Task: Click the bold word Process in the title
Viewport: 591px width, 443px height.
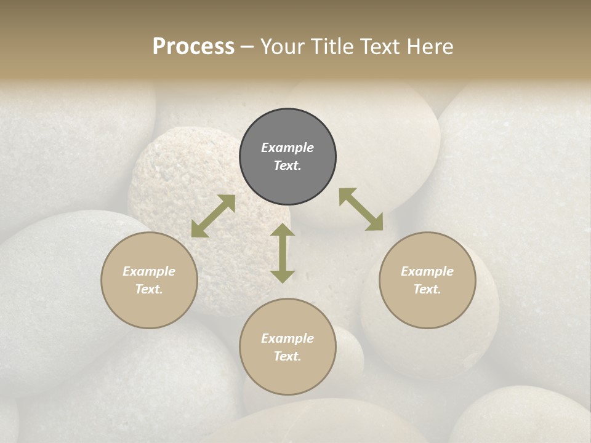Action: coord(193,47)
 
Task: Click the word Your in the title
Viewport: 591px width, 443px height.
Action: coord(281,47)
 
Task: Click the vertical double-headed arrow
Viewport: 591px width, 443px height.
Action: coord(283,253)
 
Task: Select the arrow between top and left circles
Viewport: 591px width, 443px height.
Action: coord(213,216)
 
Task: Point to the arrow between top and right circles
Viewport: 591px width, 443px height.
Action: coord(361,209)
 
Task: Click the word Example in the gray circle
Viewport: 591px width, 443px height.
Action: coord(287,148)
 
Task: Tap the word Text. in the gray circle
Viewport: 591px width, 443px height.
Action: coord(287,166)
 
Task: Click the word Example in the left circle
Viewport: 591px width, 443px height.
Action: coord(149,271)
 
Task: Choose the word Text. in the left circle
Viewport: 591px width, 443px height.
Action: coord(149,289)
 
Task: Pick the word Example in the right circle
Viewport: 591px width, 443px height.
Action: coord(427,271)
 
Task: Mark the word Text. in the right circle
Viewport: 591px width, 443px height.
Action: coord(427,289)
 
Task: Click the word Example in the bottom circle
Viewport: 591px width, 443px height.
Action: coord(287,338)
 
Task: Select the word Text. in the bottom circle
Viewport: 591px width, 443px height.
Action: coord(287,356)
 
